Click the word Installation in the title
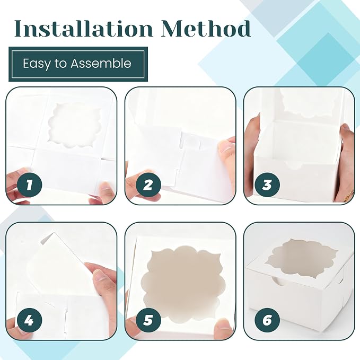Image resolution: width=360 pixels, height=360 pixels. click(x=83, y=29)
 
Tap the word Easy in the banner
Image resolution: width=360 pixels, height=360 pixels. click(x=36, y=64)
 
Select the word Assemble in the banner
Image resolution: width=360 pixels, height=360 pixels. click(x=101, y=63)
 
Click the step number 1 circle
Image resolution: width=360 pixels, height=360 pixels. click(x=30, y=185)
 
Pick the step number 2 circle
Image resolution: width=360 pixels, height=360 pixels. click(x=148, y=185)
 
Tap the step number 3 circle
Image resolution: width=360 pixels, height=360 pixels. click(x=267, y=185)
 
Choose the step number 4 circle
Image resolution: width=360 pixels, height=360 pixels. click(x=30, y=320)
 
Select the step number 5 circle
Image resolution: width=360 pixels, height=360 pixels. click(x=148, y=320)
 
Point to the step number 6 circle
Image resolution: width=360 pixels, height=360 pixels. click(x=267, y=320)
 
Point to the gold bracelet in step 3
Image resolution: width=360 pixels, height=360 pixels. click(x=349, y=196)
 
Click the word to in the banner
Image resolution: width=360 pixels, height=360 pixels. click(x=60, y=64)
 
